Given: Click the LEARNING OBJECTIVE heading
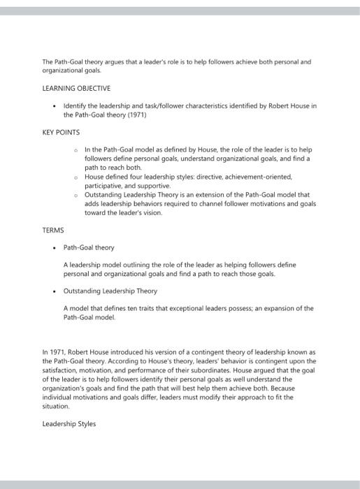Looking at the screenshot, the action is click(76, 89).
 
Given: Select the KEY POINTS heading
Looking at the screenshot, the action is click(62, 132).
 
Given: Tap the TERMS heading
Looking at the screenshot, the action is click(53, 230).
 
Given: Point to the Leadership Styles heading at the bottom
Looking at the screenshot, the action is click(69, 423).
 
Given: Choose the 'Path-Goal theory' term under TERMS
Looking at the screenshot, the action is click(89, 247).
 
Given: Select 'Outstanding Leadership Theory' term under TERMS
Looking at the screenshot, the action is click(110, 291).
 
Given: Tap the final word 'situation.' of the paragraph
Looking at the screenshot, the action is click(57, 406).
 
